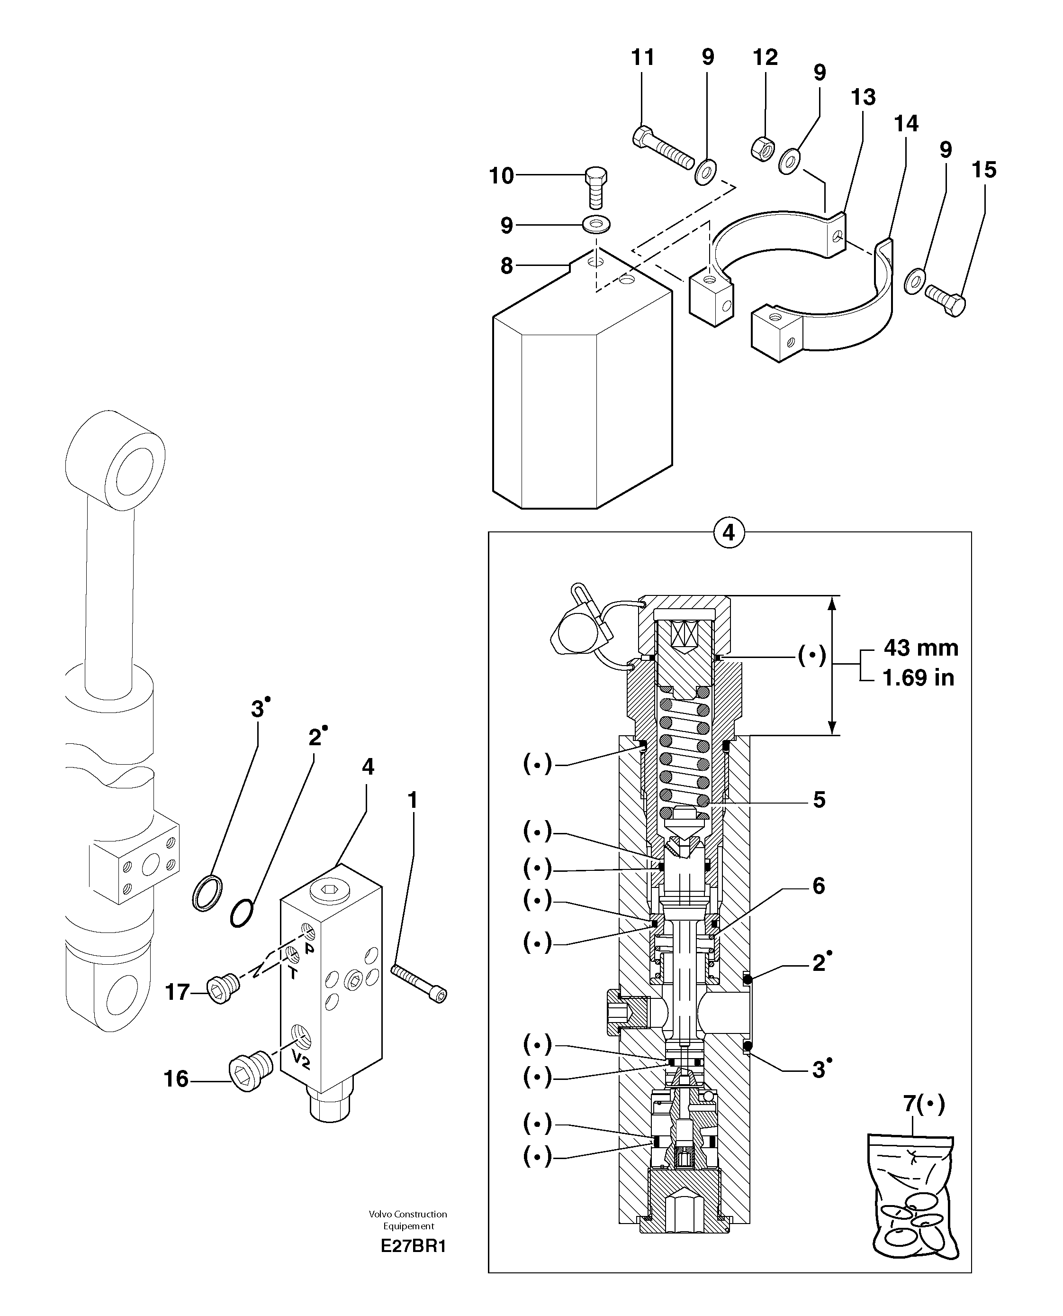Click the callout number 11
[642, 57]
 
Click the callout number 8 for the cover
[506, 266]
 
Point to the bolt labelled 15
[946, 300]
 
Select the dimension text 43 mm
[920, 648]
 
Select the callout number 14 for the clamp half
[906, 124]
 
